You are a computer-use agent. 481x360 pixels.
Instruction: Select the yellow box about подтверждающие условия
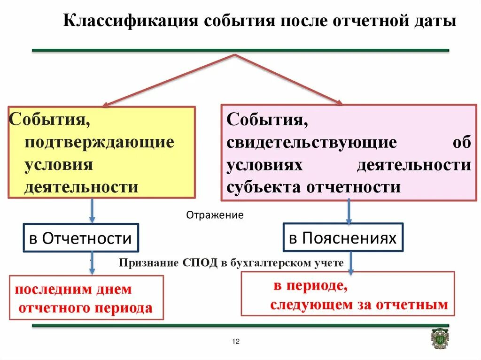coord(101,152)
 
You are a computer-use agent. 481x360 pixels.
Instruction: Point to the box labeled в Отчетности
coord(80,238)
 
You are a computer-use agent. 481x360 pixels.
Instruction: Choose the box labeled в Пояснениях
coord(343,237)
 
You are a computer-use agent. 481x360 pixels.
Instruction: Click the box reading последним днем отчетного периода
coord(86,298)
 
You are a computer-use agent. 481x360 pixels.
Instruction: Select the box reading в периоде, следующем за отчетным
coord(348,293)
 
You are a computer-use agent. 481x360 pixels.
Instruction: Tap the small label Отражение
coord(215,215)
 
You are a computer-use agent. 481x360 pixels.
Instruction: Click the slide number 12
coord(236,341)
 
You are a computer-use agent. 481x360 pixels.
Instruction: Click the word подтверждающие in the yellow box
coord(99,142)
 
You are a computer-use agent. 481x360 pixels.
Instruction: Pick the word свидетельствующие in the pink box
coord(311,142)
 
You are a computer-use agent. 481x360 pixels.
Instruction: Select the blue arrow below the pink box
coord(349,212)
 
